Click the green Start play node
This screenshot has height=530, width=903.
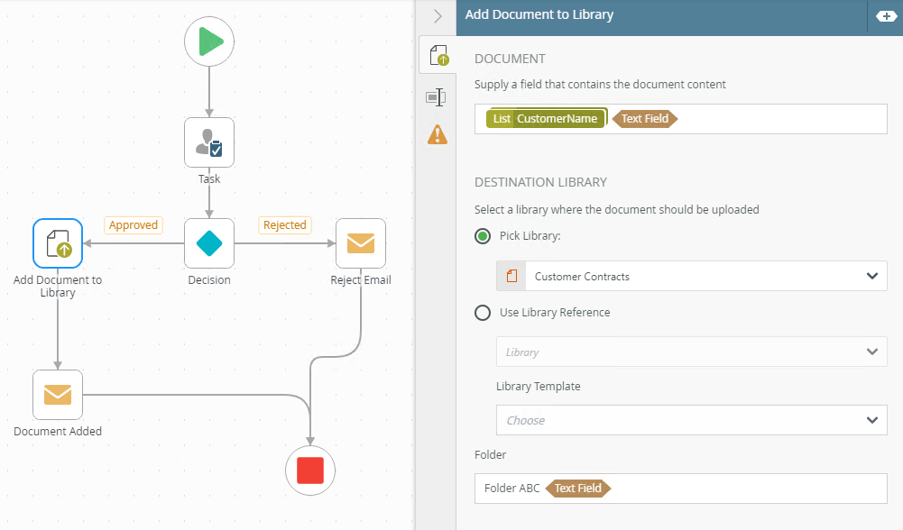click(x=209, y=41)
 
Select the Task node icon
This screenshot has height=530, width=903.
click(x=209, y=142)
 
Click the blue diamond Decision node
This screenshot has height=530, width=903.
click(x=209, y=243)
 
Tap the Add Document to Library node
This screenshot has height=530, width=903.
click(x=58, y=243)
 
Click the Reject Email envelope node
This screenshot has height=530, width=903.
click(x=361, y=243)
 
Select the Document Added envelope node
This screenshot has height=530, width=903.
click(x=58, y=395)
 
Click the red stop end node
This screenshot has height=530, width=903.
click(x=310, y=471)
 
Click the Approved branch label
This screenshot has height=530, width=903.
click(x=134, y=225)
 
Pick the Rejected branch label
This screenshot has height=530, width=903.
click(x=285, y=225)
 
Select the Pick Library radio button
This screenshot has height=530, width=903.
click(x=483, y=236)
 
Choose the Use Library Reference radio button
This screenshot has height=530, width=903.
click(x=483, y=313)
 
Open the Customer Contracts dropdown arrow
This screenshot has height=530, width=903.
click(x=872, y=276)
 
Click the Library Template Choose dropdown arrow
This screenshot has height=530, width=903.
click(x=872, y=420)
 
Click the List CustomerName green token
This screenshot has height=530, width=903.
click(x=547, y=119)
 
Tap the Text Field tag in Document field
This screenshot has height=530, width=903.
click(x=645, y=119)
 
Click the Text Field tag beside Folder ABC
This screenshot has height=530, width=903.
click(x=577, y=489)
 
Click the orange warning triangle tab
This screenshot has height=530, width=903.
click(x=438, y=134)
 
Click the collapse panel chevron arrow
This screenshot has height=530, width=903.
click(x=438, y=16)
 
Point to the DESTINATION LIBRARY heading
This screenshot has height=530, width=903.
click(x=540, y=182)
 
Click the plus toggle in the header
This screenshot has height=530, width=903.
click(x=886, y=16)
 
